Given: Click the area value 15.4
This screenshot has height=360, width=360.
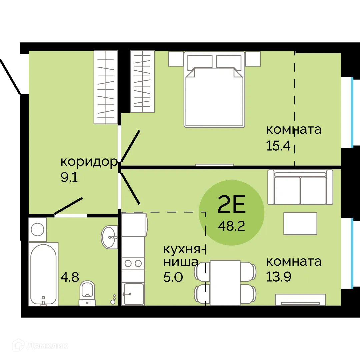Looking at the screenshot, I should click(279, 146).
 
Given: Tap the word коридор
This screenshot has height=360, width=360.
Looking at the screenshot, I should click(89, 162).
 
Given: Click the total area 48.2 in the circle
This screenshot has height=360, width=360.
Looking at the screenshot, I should click(231, 226).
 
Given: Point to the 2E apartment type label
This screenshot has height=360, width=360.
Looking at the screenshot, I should click(231, 205).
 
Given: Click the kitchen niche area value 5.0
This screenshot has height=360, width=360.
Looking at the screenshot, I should click(173, 277).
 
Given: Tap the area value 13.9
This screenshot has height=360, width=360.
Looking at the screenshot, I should click(279, 277).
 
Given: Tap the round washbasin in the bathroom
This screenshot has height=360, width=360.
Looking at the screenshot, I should click(109, 237).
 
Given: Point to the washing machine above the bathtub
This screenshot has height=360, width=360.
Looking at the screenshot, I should click(37, 230).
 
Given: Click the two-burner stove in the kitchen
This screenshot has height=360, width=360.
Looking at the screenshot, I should click(133, 263).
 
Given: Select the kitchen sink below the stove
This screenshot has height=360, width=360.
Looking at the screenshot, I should click(133, 293).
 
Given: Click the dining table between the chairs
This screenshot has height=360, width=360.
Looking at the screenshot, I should click(225, 283).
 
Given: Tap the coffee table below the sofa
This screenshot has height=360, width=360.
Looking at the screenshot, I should click(300, 223).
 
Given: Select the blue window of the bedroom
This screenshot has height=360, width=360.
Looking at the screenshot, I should click(352, 112).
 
